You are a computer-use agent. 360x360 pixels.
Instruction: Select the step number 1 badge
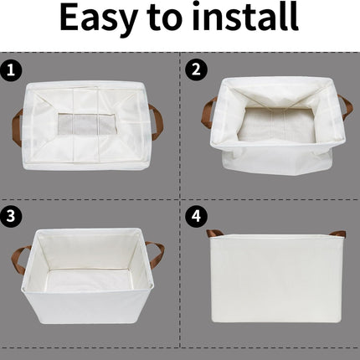tap(11, 71)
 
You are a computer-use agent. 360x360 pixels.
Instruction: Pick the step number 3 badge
tap(11, 216)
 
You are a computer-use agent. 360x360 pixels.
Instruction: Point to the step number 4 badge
tap(195, 216)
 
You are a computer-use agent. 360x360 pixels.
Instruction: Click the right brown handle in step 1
tap(157, 121)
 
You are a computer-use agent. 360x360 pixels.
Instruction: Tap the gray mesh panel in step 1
tap(88, 126)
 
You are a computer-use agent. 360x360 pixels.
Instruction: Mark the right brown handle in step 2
tap(345, 107)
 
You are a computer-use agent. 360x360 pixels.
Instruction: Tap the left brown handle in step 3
tap(18, 259)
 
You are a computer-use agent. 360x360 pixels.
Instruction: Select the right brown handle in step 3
tap(155, 254)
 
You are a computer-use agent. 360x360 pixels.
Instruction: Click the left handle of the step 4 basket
tap(214, 234)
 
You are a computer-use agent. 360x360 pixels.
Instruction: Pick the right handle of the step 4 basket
tap(337, 234)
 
